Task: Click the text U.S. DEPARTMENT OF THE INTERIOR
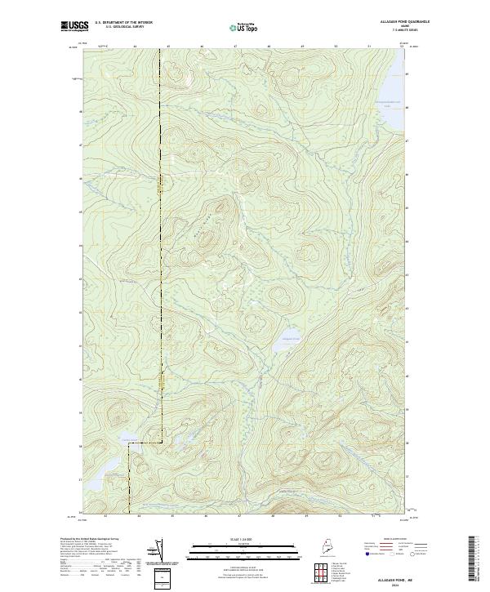point(123,24)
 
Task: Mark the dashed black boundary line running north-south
point(162,245)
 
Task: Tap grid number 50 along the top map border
point(336,47)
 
